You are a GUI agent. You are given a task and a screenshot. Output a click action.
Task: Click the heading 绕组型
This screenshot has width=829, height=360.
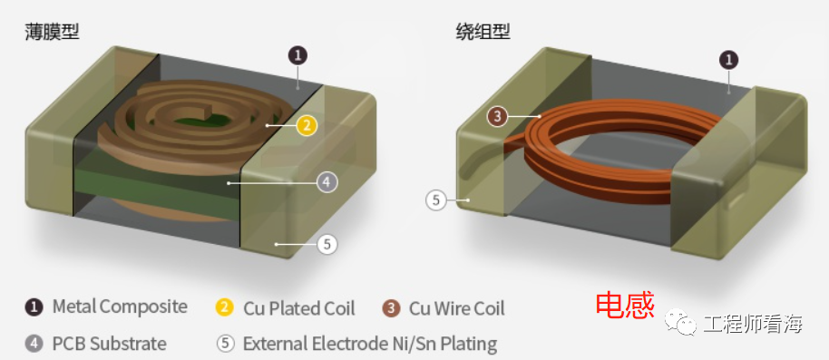(x=483, y=32)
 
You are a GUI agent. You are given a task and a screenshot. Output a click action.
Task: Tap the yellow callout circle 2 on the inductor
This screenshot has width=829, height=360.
(x=307, y=125)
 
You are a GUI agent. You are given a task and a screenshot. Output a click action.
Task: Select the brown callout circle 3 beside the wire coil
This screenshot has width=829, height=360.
(x=497, y=116)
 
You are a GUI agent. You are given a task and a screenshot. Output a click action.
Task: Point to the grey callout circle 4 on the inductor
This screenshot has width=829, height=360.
(x=327, y=182)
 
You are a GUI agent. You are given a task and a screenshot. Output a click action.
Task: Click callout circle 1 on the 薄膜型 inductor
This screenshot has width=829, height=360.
(x=298, y=54)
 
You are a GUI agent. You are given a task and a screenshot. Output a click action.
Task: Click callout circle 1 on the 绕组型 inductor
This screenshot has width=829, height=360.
(x=728, y=60)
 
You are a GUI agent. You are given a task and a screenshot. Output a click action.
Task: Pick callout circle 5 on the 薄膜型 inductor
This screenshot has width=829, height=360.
(x=327, y=244)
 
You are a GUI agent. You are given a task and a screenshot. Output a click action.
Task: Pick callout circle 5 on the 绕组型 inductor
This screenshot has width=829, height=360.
(x=437, y=199)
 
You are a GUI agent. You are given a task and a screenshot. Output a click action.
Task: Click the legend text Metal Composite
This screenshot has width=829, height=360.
(x=120, y=306)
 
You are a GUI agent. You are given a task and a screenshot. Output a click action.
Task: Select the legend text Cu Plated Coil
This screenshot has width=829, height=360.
(x=298, y=308)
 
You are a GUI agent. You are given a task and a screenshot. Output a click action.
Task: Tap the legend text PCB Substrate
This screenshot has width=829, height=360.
(x=109, y=344)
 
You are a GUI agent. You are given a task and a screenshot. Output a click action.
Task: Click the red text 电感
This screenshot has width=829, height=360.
(x=624, y=306)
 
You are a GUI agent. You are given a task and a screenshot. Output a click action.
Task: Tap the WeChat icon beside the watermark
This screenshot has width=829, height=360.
(x=680, y=324)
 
